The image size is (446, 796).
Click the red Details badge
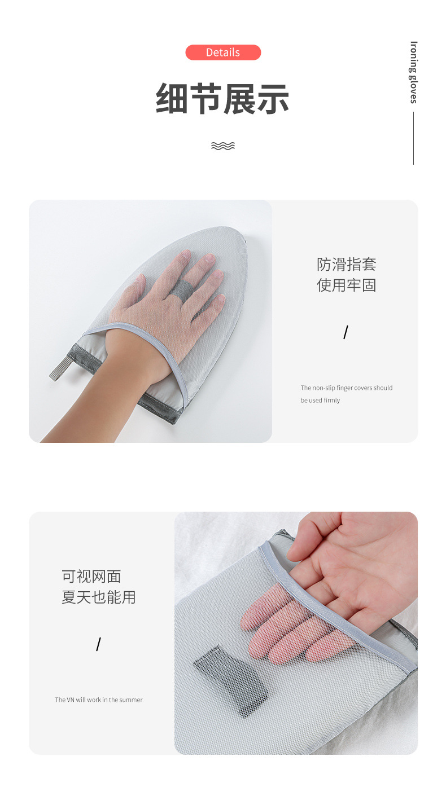(223, 52)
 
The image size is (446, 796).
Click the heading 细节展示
(222, 99)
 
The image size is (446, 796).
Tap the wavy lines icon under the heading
(222, 146)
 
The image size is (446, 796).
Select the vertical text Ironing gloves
(414, 72)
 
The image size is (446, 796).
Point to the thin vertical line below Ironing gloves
(413, 138)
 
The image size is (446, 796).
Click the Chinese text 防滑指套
(346, 264)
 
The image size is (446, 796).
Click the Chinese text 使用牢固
(346, 285)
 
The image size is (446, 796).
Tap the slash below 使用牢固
(346, 332)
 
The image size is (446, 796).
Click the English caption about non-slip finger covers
(346, 394)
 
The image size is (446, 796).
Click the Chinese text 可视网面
(91, 576)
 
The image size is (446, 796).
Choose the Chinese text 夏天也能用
(99, 597)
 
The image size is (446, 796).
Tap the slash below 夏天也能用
(98, 644)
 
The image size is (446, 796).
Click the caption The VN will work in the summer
(99, 700)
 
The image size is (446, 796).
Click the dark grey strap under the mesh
(231, 679)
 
